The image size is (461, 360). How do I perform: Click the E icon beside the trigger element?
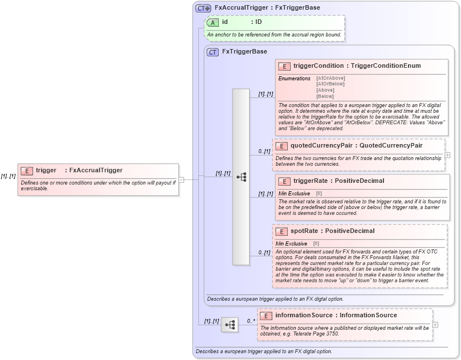click(x=27, y=170)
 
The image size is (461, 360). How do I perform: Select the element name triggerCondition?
click(x=319, y=66)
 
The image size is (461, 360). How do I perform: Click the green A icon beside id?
click(x=213, y=22)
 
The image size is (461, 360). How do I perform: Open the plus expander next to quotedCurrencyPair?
click(x=447, y=154)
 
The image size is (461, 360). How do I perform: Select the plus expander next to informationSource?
click(x=435, y=325)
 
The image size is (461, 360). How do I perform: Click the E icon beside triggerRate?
click(x=284, y=181)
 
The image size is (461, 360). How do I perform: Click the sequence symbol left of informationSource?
click(x=230, y=325)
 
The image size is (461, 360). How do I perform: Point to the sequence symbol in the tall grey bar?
click(x=241, y=177)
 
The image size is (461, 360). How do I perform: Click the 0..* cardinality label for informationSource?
click(x=250, y=321)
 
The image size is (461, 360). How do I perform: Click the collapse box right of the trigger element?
click(x=181, y=179)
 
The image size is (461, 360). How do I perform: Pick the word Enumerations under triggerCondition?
click(x=294, y=78)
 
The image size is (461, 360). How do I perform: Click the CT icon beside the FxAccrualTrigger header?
click(x=203, y=8)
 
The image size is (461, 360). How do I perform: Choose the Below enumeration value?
click(x=325, y=97)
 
